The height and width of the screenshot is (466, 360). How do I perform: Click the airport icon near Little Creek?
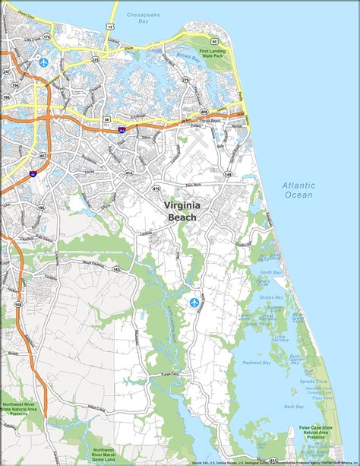point(43,60)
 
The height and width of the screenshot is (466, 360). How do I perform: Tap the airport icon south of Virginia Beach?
point(194,303)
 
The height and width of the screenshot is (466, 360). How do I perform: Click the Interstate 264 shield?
point(122,130)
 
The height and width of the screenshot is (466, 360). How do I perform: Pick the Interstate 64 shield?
point(32,174)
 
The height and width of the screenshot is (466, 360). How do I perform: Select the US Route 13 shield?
point(110,26)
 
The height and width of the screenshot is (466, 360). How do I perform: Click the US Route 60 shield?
point(215,42)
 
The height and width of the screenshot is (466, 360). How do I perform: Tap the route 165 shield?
point(116,269)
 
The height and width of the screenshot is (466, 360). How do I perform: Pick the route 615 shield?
point(273,460)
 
